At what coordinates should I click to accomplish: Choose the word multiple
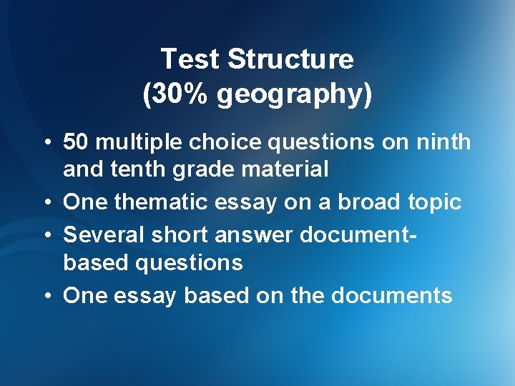(x=139, y=143)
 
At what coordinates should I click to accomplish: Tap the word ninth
(x=445, y=142)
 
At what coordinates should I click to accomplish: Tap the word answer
(x=257, y=234)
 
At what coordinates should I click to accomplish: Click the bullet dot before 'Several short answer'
(x=44, y=234)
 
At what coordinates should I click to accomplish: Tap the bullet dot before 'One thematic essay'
(x=44, y=203)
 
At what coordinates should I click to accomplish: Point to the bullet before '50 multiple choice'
(x=44, y=143)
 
